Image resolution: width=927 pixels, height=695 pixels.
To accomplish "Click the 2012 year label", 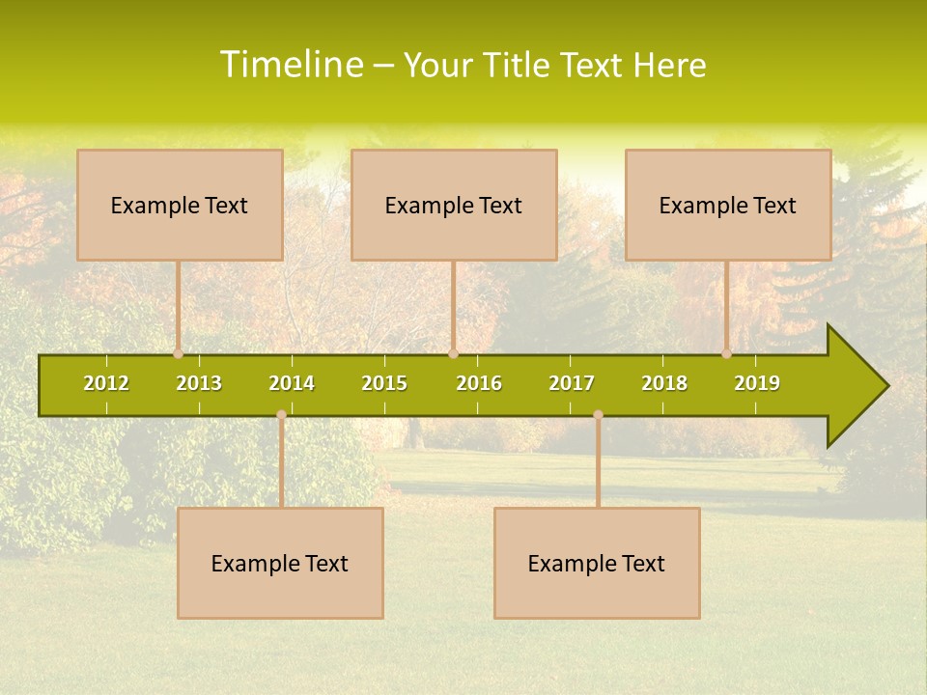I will point(106,383).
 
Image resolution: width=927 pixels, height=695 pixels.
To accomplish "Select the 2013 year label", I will point(199,383).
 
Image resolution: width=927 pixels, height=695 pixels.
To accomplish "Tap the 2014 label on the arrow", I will point(292,383).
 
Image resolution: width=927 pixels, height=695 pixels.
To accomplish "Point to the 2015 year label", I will point(384,383).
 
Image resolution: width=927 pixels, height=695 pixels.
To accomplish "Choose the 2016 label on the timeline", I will point(479,383).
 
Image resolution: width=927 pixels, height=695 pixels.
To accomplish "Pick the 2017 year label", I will point(572,383).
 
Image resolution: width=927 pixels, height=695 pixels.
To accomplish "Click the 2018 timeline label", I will point(664,383).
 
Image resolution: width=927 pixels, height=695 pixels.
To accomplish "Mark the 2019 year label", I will point(757,383).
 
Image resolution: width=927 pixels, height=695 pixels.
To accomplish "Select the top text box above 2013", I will point(180,205).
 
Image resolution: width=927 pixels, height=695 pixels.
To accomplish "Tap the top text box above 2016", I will point(454,205).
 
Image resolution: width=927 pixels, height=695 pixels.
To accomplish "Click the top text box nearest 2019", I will point(728,205).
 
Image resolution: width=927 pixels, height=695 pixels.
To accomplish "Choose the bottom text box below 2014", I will point(280,563).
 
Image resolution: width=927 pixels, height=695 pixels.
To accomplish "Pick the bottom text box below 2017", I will point(597,563).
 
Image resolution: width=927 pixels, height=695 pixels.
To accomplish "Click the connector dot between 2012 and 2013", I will point(179,353).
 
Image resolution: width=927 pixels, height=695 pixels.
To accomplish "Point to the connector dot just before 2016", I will point(453,353).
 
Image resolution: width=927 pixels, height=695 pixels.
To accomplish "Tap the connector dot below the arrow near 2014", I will point(281,415).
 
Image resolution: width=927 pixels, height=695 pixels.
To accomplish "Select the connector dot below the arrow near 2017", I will point(598,415).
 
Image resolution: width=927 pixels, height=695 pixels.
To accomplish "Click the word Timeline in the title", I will point(291,65).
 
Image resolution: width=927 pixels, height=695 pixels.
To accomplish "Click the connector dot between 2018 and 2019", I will point(727,353).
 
